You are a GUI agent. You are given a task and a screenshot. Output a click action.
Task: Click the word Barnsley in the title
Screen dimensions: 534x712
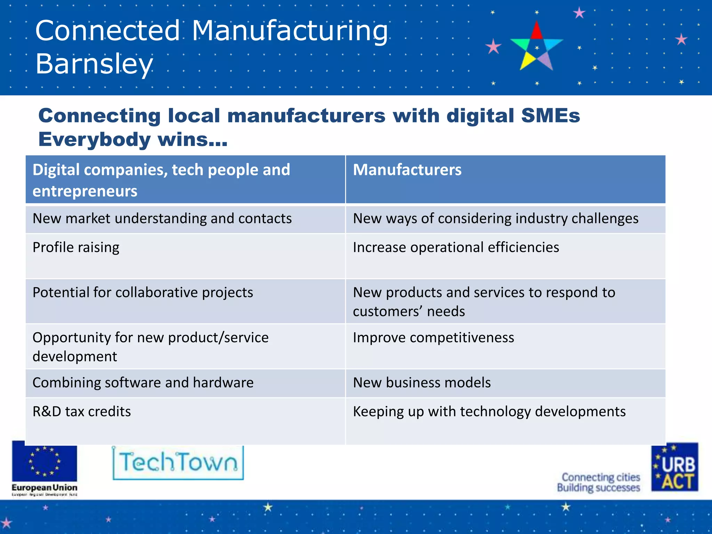[x=94, y=64]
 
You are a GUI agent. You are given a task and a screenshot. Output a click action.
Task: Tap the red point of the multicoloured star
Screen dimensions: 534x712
[x=537, y=31]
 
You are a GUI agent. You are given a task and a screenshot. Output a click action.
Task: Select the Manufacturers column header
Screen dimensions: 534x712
[x=407, y=170]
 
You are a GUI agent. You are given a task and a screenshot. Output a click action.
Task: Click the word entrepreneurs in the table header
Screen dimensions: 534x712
[x=85, y=191]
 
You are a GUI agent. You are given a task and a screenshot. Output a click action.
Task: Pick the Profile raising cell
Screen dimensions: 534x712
[x=76, y=248]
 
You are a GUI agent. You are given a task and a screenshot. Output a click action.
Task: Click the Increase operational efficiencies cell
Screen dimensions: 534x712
[x=456, y=248]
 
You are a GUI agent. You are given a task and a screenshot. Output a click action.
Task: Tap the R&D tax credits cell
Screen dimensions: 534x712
[x=82, y=412]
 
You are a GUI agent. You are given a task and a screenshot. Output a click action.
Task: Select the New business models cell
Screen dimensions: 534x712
[x=422, y=383]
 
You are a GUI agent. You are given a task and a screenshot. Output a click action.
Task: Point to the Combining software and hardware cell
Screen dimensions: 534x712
[x=143, y=383]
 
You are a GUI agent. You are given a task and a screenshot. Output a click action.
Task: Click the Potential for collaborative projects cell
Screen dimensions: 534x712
[x=143, y=293]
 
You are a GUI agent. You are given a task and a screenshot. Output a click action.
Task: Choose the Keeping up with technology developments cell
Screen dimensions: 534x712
[x=489, y=412]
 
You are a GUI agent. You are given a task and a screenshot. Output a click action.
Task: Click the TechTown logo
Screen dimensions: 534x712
[x=178, y=463]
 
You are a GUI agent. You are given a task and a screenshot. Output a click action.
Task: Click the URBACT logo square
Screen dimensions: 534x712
[x=674, y=467]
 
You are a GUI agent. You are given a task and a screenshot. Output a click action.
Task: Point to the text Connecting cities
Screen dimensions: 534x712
[x=601, y=477]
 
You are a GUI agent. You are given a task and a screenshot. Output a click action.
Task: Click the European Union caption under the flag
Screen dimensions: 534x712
[x=44, y=487]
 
